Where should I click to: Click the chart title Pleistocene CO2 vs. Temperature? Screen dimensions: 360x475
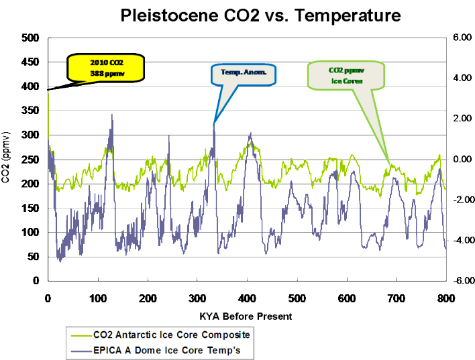(x=260, y=15)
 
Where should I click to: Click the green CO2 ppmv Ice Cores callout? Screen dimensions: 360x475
(x=346, y=75)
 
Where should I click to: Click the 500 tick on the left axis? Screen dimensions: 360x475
(x=30, y=38)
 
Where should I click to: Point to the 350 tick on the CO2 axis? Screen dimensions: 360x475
(x=30, y=111)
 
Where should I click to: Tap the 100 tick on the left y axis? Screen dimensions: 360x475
(x=30, y=233)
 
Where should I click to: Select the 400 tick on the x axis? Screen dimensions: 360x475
(x=247, y=297)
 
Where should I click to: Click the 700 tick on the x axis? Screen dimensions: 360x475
(x=396, y=297)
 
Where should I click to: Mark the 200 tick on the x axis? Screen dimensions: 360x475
(x=147, y=297)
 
